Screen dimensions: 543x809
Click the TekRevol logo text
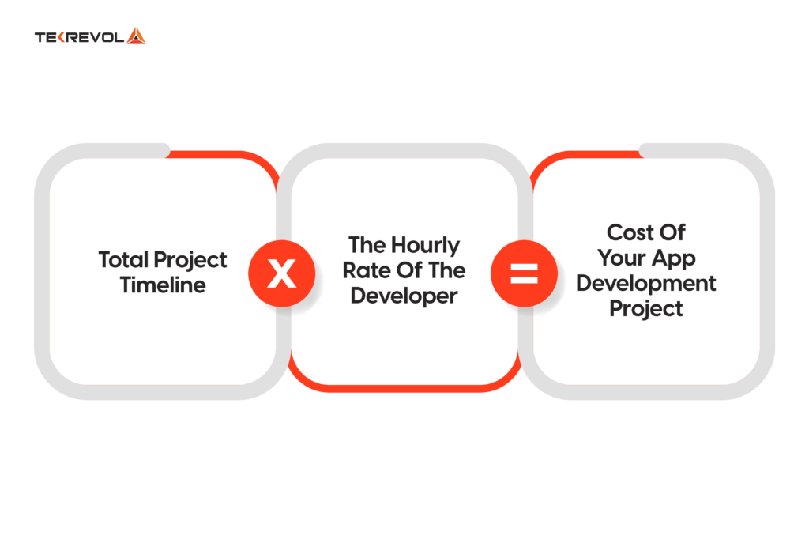pyautogui.click(x=79, y=36)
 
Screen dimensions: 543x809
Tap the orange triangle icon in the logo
pyautogui.click(x=136, y=36)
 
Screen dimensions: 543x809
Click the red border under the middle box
pyautogui.click(x=404, y=387)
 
